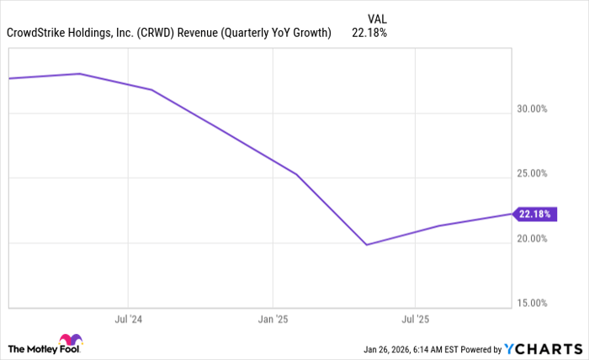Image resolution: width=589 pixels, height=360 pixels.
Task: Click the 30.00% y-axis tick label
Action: pos(532,109)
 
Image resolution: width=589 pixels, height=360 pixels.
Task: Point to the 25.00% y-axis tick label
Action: pos(532,174)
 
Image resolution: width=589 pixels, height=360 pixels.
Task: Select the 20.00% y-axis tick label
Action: pos(532,239)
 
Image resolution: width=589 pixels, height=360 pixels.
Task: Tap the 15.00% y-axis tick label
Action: pos(532,304)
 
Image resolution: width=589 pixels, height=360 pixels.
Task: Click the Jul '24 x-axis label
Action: pos(128,320)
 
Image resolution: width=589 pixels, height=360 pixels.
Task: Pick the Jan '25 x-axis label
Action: pos(273,320)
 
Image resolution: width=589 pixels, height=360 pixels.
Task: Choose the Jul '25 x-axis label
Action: pos(415,320)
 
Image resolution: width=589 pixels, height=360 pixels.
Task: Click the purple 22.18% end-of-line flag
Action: pos(533,214)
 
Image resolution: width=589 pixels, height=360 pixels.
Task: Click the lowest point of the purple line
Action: pos(367,245)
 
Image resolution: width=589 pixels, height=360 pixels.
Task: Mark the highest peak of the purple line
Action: pos(80,73)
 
